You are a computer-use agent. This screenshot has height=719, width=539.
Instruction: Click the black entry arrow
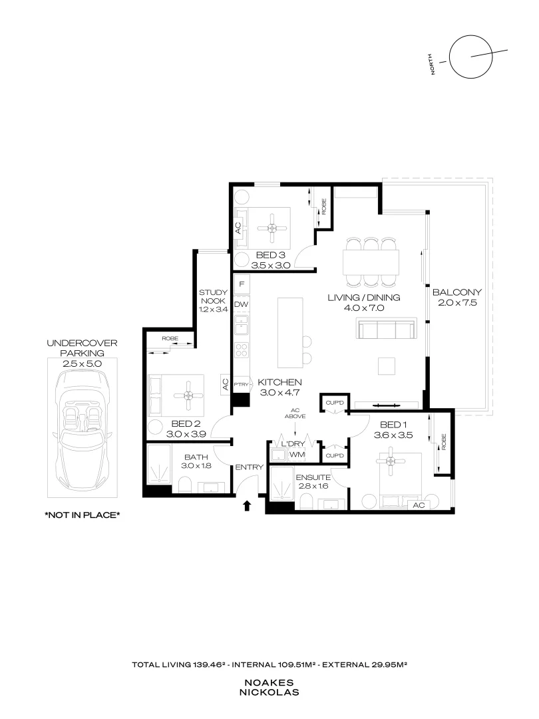(247, 505)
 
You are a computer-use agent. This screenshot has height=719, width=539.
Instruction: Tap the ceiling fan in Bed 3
(272, 228)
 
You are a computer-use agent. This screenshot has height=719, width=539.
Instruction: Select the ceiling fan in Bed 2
(188, 395)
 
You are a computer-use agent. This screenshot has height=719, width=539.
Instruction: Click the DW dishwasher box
(242, 304)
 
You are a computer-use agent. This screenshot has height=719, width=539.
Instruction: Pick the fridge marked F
(242, 284)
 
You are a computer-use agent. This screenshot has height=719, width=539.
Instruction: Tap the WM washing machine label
(297, 455)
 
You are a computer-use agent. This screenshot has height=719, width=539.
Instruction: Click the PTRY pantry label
(241, 385)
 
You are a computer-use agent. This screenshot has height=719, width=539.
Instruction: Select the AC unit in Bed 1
(419, 505)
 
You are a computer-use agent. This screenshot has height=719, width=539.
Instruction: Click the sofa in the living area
(386, 330)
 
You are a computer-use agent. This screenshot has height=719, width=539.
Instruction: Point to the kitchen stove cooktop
(242, 351)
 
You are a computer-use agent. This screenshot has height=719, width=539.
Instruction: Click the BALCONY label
(457, 292)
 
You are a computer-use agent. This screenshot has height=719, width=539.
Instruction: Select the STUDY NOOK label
(213, 297)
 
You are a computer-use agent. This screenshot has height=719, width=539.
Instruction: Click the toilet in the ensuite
(306, 502)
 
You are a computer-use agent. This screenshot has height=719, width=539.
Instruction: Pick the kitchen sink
(242, 326)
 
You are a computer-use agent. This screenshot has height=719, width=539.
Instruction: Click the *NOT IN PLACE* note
(83, 515)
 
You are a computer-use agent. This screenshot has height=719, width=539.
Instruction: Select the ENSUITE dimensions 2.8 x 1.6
(313, 486)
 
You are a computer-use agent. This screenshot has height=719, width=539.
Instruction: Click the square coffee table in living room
(387, 366)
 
